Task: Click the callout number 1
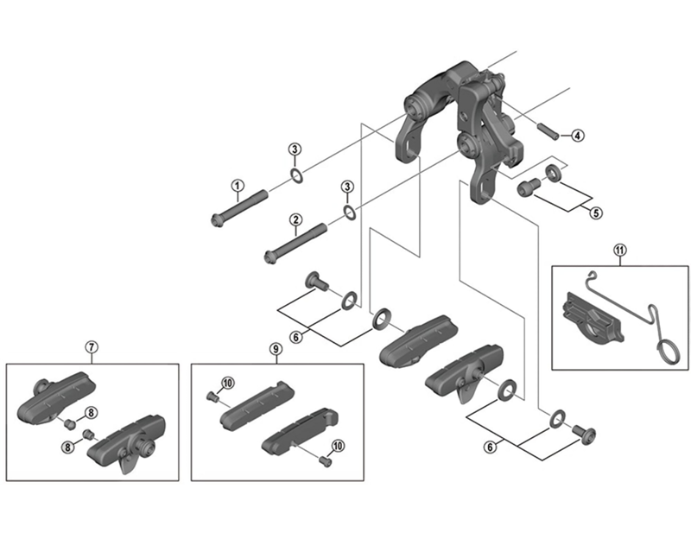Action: point(236,184)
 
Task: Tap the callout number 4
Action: point(578,136)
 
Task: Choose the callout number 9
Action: point(275,348)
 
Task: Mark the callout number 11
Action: point(619,251)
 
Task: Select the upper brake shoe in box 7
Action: point(60,397)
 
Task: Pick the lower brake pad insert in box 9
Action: point(298,432)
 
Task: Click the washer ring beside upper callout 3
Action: point(295,177)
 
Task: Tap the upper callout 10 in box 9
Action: point(228,383)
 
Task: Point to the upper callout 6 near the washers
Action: point(295,337)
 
